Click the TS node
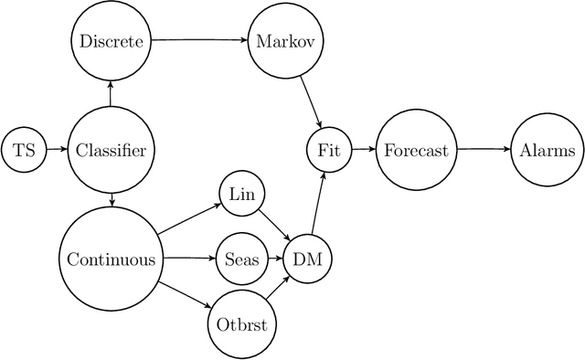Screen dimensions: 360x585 coord(24,150)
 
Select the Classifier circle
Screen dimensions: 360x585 coord(111,150)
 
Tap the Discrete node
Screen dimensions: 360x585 coord(111,41)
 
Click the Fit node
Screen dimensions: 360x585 coord(327,150)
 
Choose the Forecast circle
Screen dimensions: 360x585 coord(416,150)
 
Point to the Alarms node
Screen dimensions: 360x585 coord(547,150)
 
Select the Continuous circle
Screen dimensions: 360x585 coord(111,259)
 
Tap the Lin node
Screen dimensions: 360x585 coord(242,195)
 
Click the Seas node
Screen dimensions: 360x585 coord(242,259)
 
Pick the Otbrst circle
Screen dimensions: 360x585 coord(242,324)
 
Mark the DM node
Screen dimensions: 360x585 coord(307,259)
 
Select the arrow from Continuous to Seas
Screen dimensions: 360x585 coord(186,259)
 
